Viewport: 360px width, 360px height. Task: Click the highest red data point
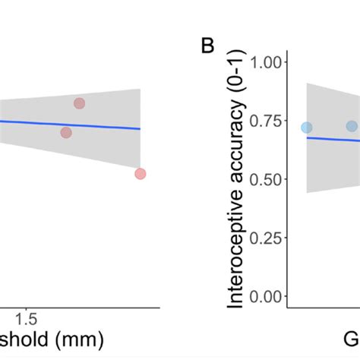pos(79,103)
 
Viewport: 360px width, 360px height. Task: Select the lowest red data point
pos(140,174)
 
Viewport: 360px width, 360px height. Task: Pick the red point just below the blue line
pos(66,132)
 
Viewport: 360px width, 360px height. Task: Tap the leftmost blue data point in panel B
pos(306,128)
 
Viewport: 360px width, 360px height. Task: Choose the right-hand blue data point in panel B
pos(352,126)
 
